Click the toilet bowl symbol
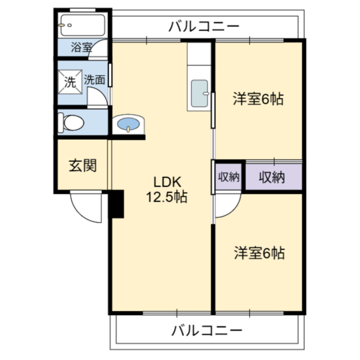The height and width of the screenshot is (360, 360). pyautogui.click(x=71, y=122)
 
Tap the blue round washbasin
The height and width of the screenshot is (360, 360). pyautogui.click(x=128, y=124)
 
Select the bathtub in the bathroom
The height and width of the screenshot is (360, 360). pyautogui.click(x=83, y=25)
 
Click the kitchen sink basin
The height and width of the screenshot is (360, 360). pyautogui.click(x=200, y=93)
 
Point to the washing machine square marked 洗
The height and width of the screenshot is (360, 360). pyautogui.click(x=70, y=82)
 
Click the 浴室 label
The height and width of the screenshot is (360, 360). pyautogui.click(x=82, y=47)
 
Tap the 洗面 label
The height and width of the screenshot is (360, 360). pyautogui.click(x=95, y=80)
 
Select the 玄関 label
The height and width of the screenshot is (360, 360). pyautogui.click(x=83, y=166)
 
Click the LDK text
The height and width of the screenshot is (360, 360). pyautogui.click(x=167, y=182)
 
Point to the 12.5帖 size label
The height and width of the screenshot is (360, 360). pyautogui.click(x=167, y=197)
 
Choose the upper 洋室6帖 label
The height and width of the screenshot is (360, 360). pyautogui.click(x=258, y=99)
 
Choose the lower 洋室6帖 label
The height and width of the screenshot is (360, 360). pyautogui.click(x=259, y=253)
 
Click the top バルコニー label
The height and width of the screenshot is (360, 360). pyautogui.click(x=204, y=26)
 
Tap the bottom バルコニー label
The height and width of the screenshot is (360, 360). pyautogui.click(x=207, y=331)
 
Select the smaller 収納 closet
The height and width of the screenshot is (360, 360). pyautogui.click(x=229, y=177)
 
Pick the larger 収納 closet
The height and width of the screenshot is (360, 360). pyautogui.click(x=274, y=177)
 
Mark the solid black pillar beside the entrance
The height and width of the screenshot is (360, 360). pyautogui.click(x=116, y=204)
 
